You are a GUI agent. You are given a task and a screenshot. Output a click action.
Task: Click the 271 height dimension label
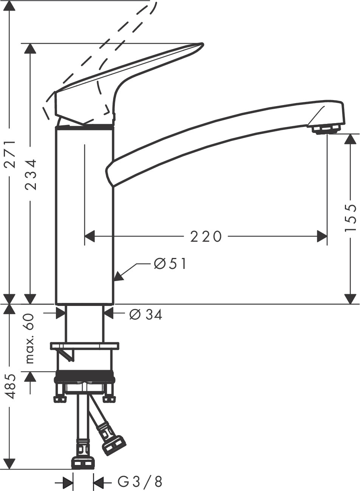[x=9, y=154]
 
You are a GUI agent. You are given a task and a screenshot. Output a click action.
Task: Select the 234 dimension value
[x=31, y=174]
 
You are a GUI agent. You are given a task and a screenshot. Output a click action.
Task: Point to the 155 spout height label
[x=351, y=218]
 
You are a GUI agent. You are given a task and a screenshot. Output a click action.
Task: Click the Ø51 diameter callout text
[x=170, y=264]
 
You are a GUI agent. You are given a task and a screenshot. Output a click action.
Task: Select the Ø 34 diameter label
[x=146, y=314]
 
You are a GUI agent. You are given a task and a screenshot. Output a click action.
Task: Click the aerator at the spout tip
[x=324, y=130]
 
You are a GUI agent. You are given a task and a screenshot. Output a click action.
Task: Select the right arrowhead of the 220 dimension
[x=322, y=237]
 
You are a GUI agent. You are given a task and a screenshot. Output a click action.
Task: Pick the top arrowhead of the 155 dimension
[x=351, y=139]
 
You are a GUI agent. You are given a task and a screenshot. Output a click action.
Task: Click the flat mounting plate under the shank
[x=84, y=346]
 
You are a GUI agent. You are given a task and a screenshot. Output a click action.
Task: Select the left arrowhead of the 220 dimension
[x=89, y=237]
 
